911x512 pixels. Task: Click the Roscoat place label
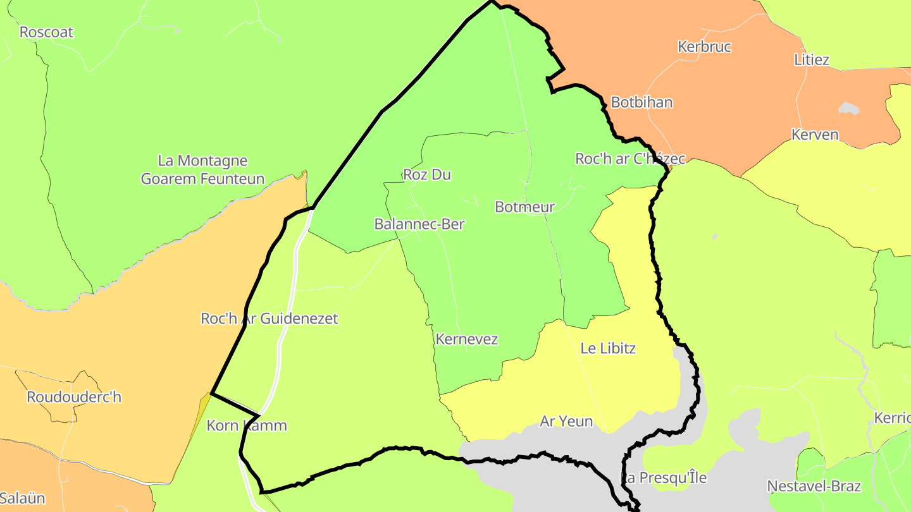click(x=46, y=32)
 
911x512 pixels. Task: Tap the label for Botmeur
click(x=524, y=207)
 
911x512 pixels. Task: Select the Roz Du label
click(x=427, y=174)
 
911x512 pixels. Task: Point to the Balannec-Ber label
click(x=419, y=224)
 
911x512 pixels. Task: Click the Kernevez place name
click(x=466, y=339)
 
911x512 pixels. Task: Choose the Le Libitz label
click(x=607, y=348)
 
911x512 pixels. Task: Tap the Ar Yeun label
click(x=566, y=421)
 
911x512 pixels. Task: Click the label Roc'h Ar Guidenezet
click(x=269, y=319)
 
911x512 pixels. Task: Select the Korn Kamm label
click(x=247, y=425)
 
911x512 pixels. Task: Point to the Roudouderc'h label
click(x=73, y=397)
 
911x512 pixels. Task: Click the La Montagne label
click(x=202, y=161)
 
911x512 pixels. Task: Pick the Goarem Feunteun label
click(x=202, y=179)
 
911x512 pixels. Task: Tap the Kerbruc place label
click(x=704, y=47)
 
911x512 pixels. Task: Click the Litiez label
click(x=811, y=60)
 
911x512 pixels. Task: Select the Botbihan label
click(x=641, y=102)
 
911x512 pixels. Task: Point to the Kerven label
click(x=815, y=135)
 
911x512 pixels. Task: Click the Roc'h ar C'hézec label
click(x=629, y=159)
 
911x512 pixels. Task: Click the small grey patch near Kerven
click(x=849, y=109)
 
